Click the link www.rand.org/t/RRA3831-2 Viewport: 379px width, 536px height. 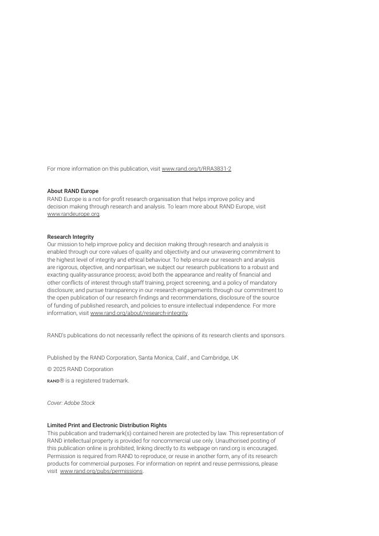(196, 169)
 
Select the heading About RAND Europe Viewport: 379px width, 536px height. (73, 191)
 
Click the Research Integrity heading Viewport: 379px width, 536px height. (70, 237)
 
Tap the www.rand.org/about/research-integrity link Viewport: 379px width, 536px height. (139, 313)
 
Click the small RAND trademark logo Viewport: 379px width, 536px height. (53, 381)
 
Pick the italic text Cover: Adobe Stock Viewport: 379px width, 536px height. (71, 403)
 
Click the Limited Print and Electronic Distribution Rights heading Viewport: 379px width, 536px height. (107, 425)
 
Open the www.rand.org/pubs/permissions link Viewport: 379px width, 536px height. (101, 471)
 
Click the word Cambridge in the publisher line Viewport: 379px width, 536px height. (215, 358)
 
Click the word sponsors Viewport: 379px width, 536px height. (273, 336)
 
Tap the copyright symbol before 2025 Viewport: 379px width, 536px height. (49, 369)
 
